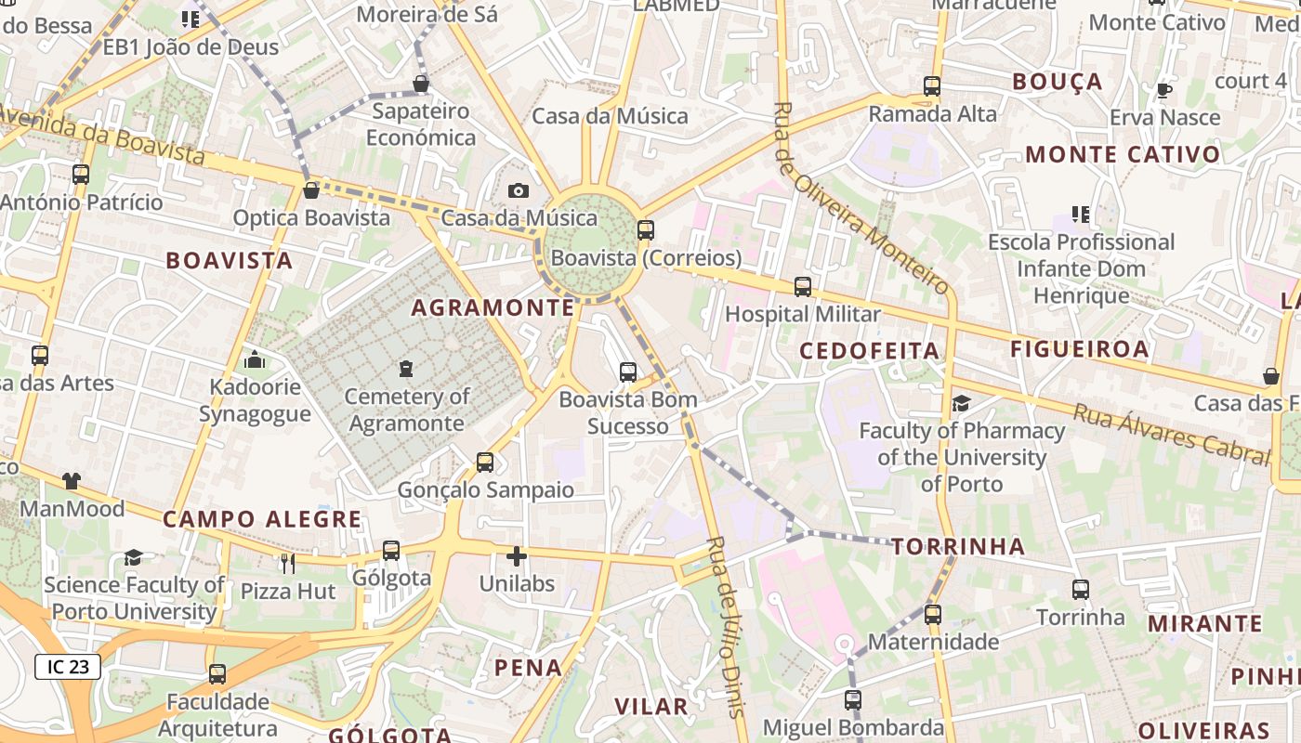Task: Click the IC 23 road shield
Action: [68, 666]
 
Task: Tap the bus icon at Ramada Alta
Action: [932, 86]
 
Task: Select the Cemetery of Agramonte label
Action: [405, 410]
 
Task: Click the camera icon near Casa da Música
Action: [519, 190]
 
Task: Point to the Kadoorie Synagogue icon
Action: [255, 360]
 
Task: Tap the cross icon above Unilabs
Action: [517, 556]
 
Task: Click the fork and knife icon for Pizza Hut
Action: [288, 563]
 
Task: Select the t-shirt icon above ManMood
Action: [72, 480]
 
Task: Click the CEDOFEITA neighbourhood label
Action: [870, 350]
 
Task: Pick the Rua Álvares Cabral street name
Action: [1171, 434]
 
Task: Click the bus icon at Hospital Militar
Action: [803, 287]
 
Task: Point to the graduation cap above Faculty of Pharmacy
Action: [961, 403]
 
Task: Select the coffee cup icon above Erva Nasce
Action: [1163, 90]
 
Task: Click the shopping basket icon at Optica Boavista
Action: [311, 190]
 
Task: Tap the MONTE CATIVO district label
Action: [1123, 154]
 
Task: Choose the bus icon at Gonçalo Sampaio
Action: [485, 462]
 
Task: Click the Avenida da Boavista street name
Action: [102, 136]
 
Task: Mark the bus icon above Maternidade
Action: [933, 614]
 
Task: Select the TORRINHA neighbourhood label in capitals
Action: [958, 546]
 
